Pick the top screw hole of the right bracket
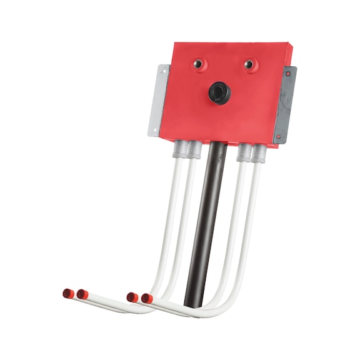[x=288, y=74]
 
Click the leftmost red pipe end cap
[x=67, y=292]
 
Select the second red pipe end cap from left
[x=81, y=294]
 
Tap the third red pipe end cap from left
[x=132, y=297]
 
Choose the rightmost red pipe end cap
[x=146, y=298]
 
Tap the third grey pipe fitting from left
[x=243, y=151]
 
